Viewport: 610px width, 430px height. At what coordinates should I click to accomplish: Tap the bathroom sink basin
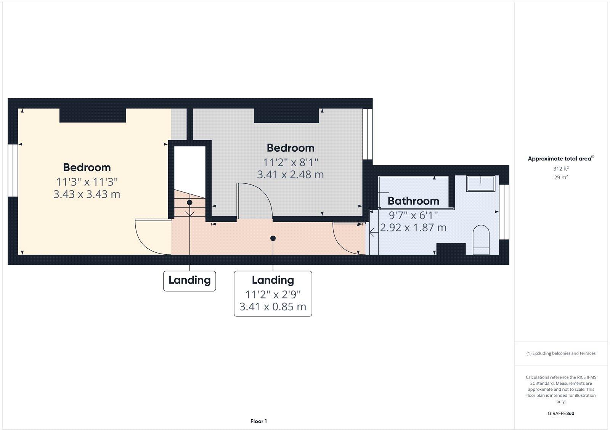coord(481,183)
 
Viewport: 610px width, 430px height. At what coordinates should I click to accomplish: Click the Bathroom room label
coord(413,201)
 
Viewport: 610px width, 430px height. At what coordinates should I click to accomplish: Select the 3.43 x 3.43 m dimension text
coord(87,194)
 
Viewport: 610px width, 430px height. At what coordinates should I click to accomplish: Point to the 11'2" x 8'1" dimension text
coord(291,163)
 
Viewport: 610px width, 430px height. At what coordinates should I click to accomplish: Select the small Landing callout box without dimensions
coord(189,281)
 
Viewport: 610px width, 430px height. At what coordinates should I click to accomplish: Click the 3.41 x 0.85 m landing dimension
coord(273,307)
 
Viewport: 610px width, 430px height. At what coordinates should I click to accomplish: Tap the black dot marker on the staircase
coord(189,202)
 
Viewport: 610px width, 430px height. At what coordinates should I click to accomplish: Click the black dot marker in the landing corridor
coord(273,238)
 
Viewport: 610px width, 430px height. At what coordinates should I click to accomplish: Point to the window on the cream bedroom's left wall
coord(13,170)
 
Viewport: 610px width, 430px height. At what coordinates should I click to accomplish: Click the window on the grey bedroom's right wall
coord(368,134)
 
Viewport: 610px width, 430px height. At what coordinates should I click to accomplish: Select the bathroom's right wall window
coord(504,212)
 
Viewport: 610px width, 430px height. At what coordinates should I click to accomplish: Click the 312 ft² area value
coord(561,168)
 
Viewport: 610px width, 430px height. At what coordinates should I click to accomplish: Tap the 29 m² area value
coord(561,177)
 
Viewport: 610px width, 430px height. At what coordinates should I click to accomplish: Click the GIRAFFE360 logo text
coord(561,413)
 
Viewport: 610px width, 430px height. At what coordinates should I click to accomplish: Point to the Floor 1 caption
coord(258,421)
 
